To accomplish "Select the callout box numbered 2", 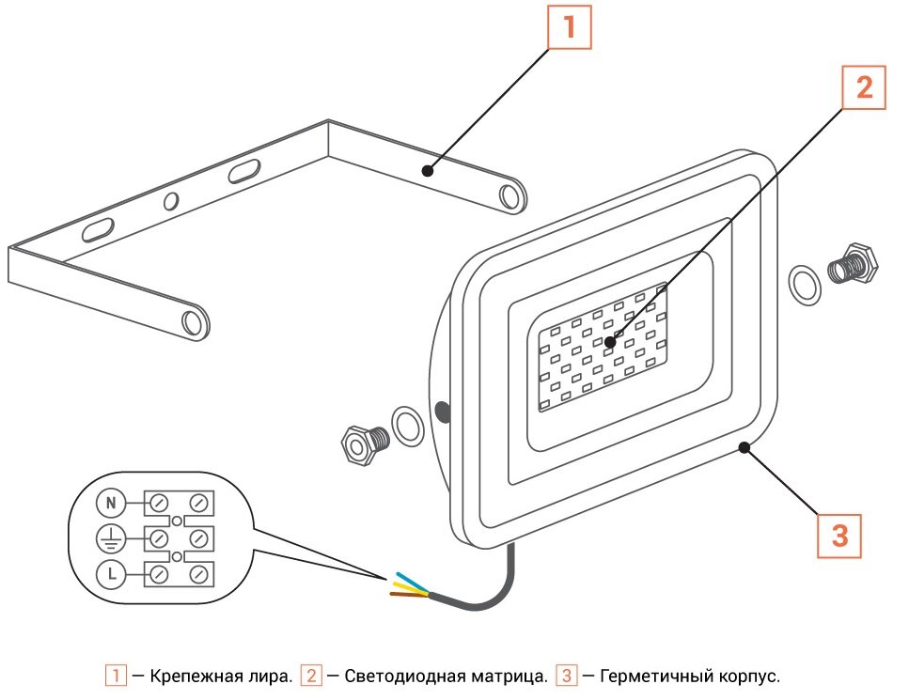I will [x=864, y=88].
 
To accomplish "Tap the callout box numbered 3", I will [x=838, y=535].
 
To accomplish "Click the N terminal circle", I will [x=111, y=504].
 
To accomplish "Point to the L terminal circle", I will [x=111, y=572].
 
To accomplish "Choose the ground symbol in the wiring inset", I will [x=111, y=538].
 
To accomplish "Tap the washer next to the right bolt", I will [x=804, y=284].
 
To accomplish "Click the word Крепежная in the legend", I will [x=188, y=676].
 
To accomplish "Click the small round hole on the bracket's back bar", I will [x=171, y=201].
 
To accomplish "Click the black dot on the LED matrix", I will [x=610, y=343].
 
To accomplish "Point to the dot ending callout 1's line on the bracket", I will [x=428, y=170].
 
